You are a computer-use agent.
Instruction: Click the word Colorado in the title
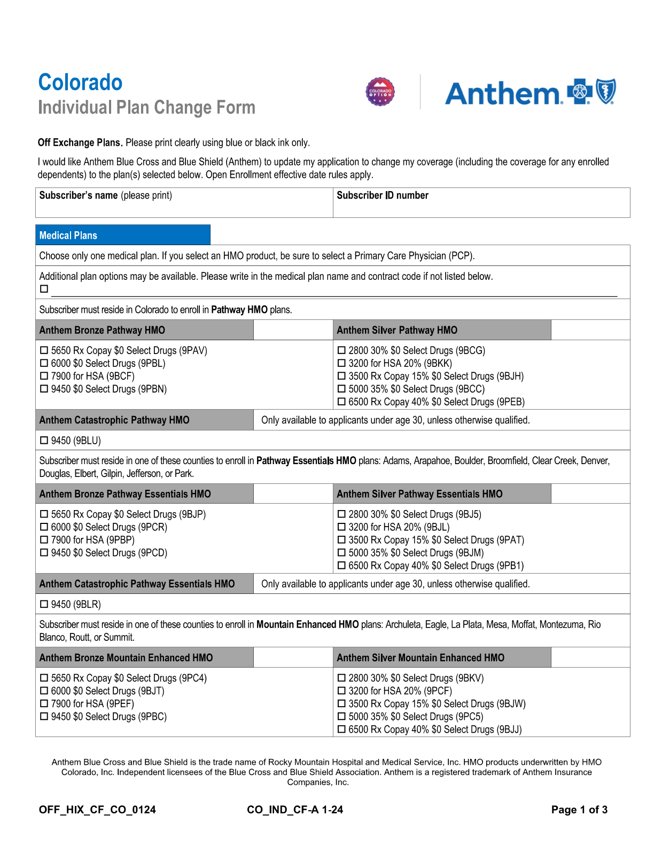80,83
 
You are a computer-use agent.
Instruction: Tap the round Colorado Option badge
380,92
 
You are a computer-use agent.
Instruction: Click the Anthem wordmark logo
503,93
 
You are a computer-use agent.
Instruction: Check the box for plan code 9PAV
44,351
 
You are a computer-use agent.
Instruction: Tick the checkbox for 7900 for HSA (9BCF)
44,377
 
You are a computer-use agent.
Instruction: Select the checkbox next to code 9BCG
342,351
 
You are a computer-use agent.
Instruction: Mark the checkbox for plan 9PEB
342,402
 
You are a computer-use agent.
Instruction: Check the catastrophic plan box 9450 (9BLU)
44,441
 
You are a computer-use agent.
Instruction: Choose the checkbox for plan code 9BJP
44,514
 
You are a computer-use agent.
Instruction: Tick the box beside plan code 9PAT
342,540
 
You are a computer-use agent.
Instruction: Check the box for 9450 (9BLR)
44,605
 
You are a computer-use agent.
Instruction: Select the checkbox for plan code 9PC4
44,678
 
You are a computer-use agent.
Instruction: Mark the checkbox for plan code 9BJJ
342,730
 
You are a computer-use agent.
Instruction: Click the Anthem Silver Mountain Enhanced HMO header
421,658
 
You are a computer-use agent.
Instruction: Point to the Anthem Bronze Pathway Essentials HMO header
125,494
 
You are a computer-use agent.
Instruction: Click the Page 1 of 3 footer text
579,810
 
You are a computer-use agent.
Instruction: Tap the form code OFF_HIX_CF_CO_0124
97,810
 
